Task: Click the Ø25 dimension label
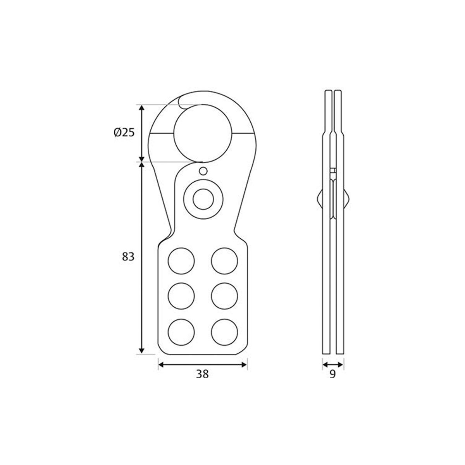click(x=124, y=133)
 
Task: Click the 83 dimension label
click(x=127, y=256)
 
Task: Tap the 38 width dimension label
click(x=202, y=374)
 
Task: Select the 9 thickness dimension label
click(x=332, y=374)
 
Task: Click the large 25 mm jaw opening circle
click(x=198, y=133)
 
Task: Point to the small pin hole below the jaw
click(x=203, y=170)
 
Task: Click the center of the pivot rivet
click(x=203, y=199)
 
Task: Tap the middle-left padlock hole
click(x=181, y=296)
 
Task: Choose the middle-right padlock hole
click(x=224, y=296)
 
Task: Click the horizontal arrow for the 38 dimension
click(x=202, y=364)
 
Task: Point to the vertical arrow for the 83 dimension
click(x=142, y=258)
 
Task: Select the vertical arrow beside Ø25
click(x=142, y=133)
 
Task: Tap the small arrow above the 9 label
click(x=333, y=364)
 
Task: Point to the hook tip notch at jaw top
click(x=180, y=102)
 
